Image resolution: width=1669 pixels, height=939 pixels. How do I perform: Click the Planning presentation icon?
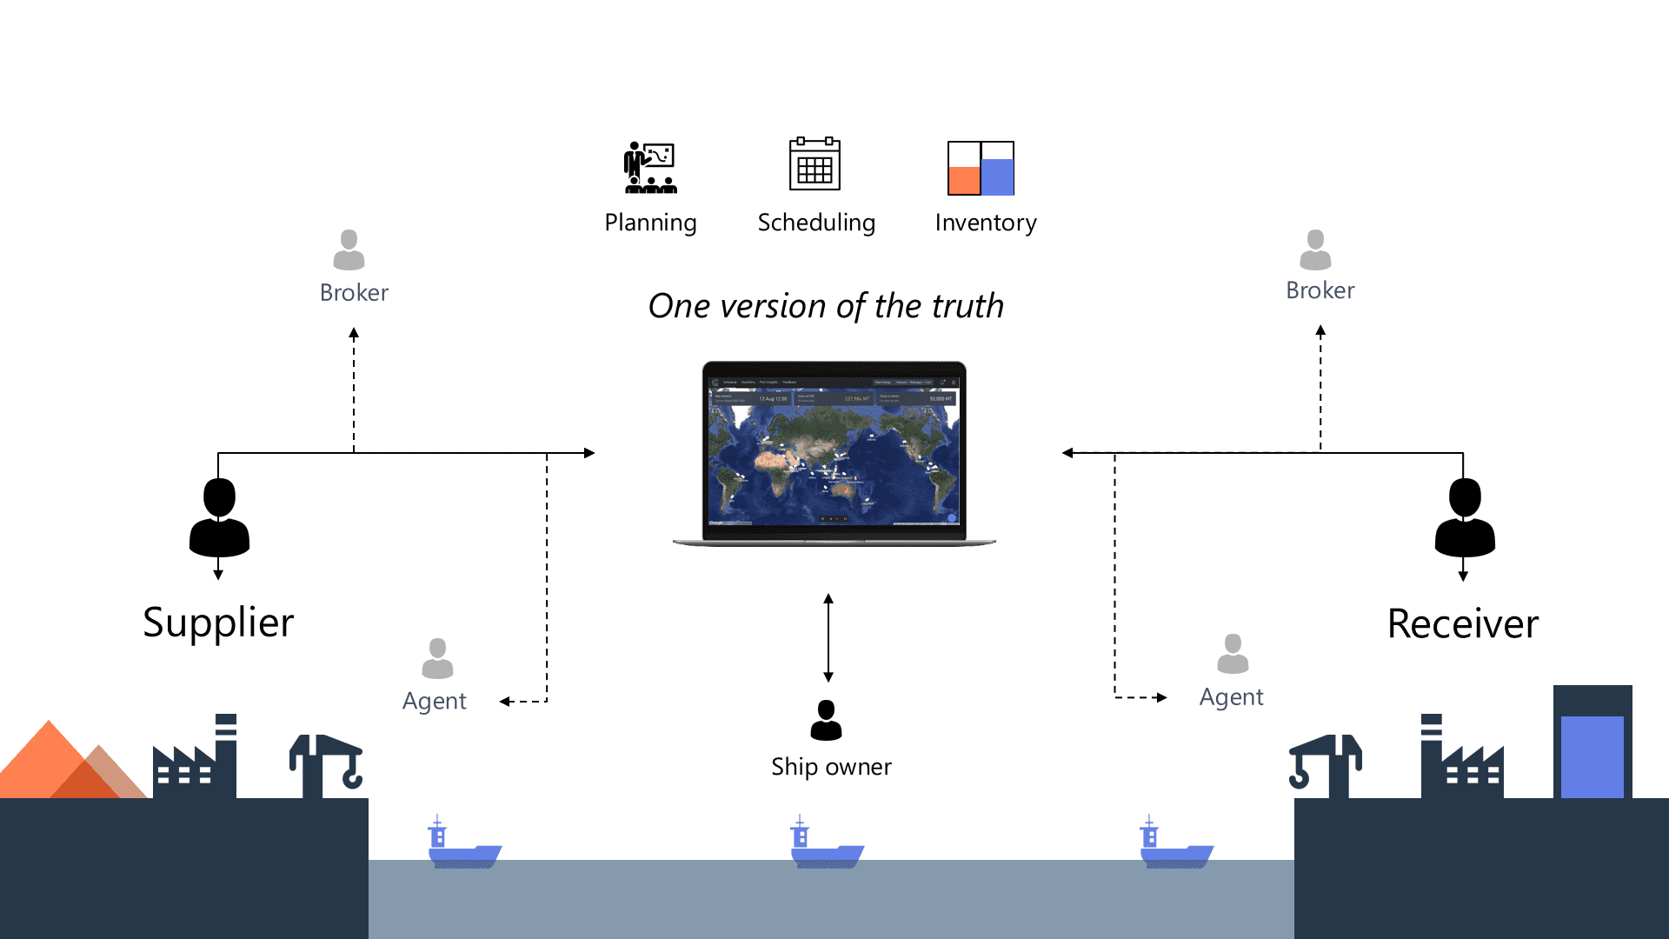[x=650, y=167]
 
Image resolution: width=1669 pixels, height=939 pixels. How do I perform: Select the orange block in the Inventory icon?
[x=963, y=180]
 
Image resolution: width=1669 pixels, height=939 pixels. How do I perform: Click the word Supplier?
[x=218, y=623]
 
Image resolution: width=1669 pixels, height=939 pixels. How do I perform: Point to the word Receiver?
[x=1463, y=624]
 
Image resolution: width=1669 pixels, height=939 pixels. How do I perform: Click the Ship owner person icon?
[x=826, y=720]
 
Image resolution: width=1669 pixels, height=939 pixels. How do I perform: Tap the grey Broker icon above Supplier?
[x=349, y=250]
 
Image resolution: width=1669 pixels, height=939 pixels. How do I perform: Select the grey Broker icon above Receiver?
[x=1315, y=250]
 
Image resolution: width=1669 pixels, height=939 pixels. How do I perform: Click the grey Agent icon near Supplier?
[x=437, y=658]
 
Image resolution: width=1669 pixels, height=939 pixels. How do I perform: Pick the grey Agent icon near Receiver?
[x=1233, y=654]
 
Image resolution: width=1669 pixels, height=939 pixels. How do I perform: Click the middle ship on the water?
[x=826, y=845]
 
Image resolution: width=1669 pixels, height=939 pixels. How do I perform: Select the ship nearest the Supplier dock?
[x=464, y=845]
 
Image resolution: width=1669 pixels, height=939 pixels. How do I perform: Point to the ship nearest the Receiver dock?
[x=1175, y=845]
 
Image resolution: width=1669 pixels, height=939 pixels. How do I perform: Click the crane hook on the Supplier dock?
[x=352, y=774]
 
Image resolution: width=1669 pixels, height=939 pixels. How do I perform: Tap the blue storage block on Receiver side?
[x=1592, y=756]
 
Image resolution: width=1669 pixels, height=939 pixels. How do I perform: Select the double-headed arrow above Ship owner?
[x=828, y=637]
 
